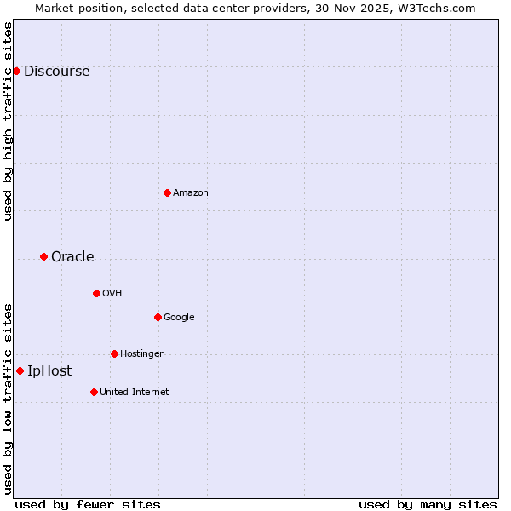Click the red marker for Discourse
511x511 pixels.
point(16,71)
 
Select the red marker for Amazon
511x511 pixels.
point(167,192)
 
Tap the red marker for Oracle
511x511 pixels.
point(43,256)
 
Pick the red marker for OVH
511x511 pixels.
point(96,293)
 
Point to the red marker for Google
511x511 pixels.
point(158,317)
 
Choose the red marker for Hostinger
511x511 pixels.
point(114,353)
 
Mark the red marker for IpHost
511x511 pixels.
point(20,370)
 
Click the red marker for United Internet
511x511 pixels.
point(94,392)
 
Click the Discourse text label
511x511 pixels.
point(56,72)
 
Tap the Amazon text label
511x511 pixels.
point(191,193)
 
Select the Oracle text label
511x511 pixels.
point(72,257)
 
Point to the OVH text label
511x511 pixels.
point(112,294)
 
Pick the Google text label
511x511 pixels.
point(179,318)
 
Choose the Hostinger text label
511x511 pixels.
point(141,354)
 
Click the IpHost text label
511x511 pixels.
point(49,371)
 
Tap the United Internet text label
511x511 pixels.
point(134,393)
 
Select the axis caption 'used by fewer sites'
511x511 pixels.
point(88,504)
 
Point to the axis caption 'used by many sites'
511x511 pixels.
point(428,504)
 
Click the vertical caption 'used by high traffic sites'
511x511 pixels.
point(8,121)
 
